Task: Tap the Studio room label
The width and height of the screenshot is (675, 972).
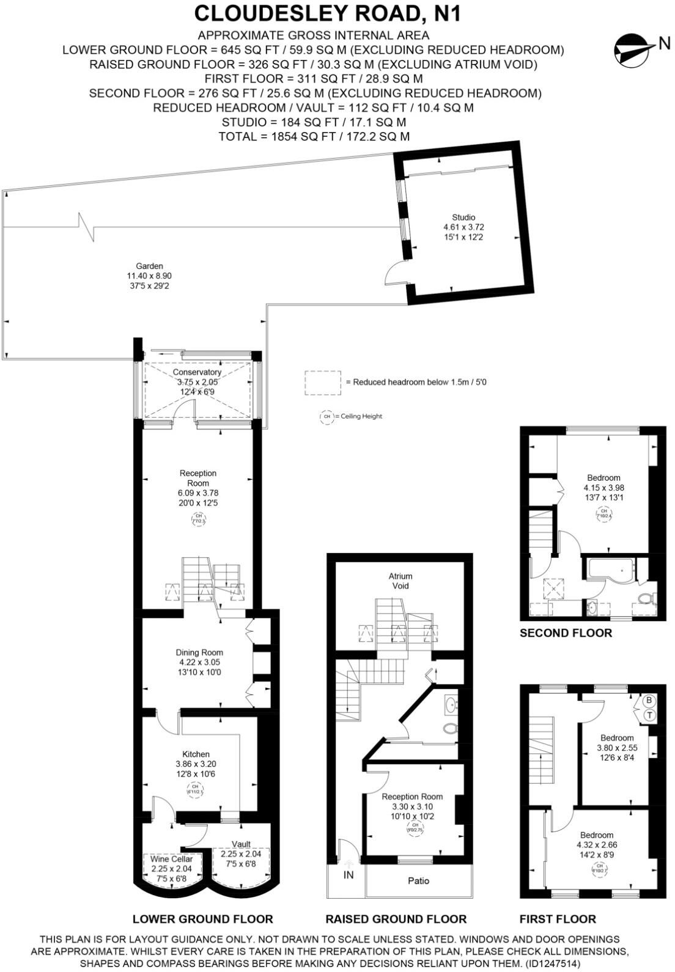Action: (463, 217)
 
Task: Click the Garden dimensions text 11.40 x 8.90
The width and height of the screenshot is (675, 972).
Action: (149, 276)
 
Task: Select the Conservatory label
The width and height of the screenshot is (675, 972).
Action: (197, 372)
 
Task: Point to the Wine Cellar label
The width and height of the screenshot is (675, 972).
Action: (172, 859)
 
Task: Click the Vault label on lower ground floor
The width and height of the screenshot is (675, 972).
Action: (241, 844)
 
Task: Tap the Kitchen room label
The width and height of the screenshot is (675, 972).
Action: (196, 755)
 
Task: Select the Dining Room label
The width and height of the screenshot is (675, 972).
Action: (199, 652)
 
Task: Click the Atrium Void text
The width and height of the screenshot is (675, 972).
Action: (400, 580)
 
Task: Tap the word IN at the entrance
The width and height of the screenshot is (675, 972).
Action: (349, 875)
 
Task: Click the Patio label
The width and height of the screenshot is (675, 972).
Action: (418, 880)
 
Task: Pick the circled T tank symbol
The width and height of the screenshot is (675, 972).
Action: (650, 714)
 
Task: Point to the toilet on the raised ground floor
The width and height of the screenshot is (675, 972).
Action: (451, 728)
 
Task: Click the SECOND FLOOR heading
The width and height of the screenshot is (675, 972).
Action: (566, 633)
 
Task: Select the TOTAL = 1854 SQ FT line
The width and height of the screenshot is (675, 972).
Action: (314, 136)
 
